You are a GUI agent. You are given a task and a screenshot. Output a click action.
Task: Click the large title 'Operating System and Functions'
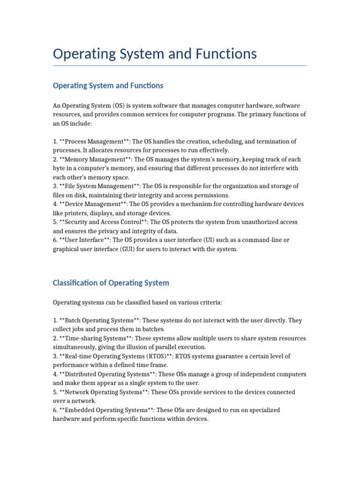pyautogui.click(x=155, y=54)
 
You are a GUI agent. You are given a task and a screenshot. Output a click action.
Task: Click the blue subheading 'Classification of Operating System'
pyautogui.click(x=111, y=283)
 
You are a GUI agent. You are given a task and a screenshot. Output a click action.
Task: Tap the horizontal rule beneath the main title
pyautogui.click(x=180, y=66)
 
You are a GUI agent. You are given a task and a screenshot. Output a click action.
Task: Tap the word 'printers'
pyautogui.click(x=76, y=213)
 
